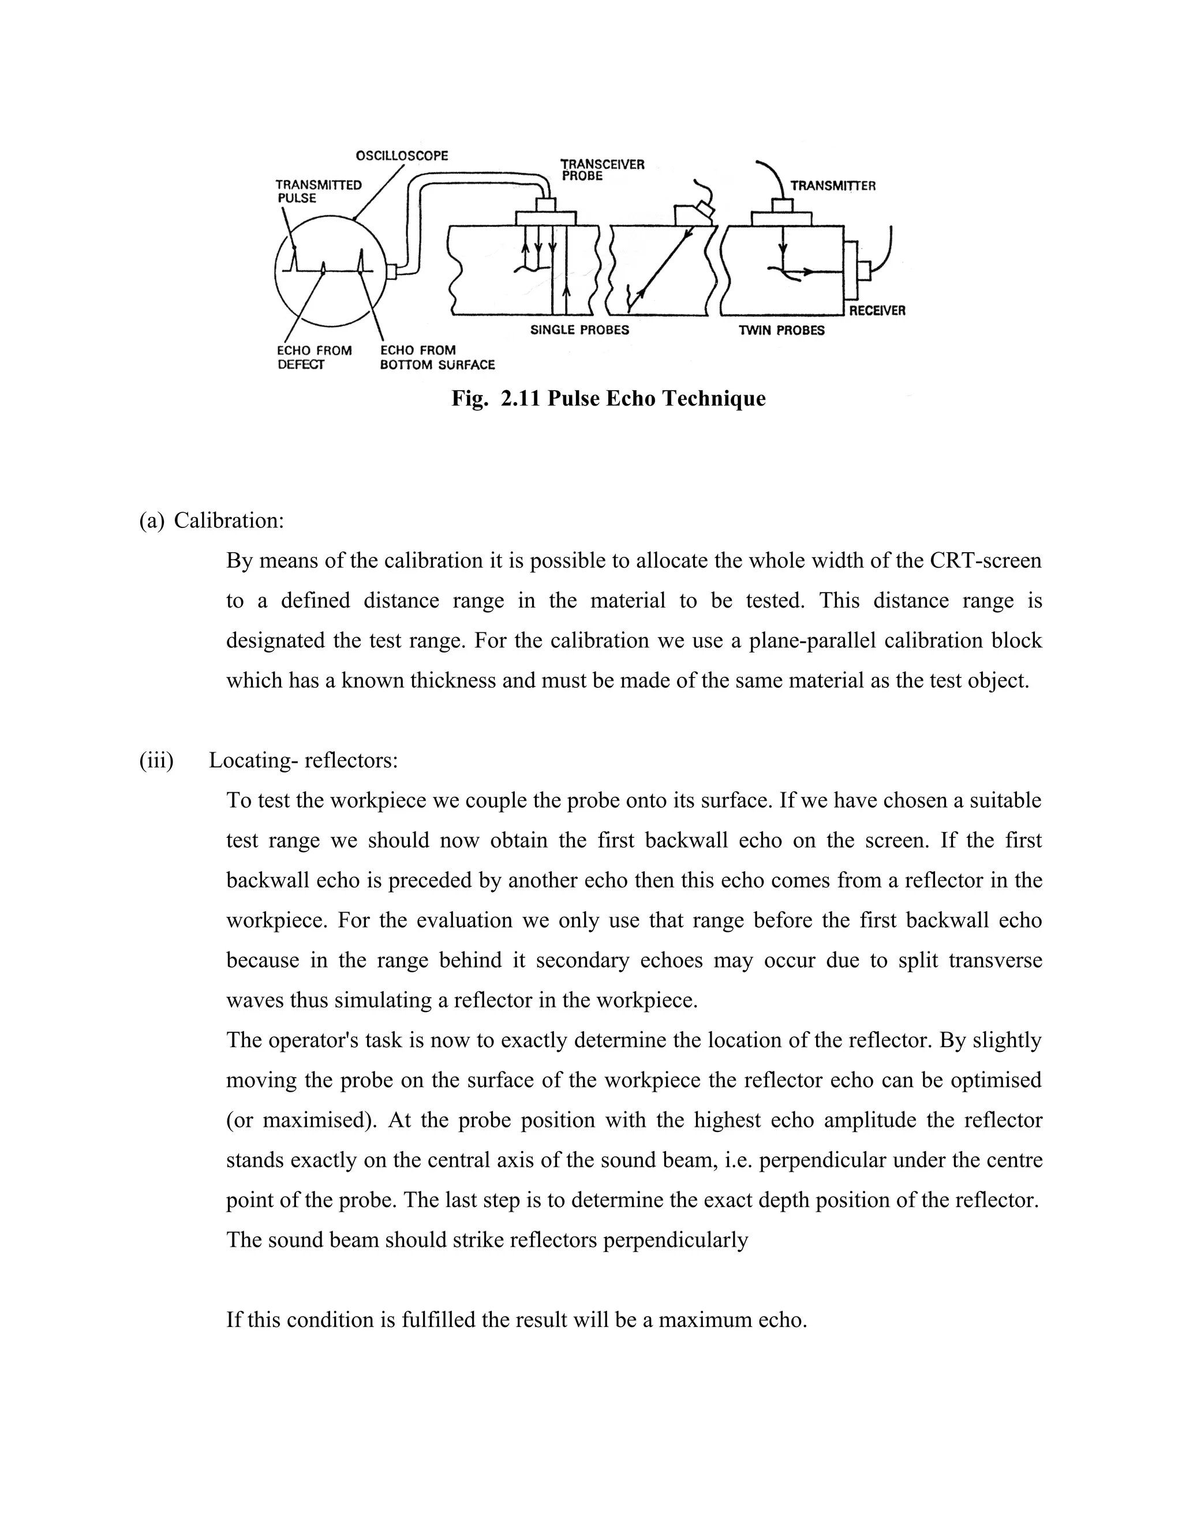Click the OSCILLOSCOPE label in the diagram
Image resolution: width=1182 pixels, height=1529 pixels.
tap(401, 155)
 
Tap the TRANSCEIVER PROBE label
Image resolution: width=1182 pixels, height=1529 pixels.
tap(601, 170)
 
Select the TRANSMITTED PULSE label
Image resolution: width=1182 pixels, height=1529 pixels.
tap(318, 191)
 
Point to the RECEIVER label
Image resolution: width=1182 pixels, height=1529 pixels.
tap(877, 311)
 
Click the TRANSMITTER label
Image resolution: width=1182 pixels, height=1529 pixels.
tap(833, 186)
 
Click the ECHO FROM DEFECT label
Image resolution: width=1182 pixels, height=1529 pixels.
tap(315, 357)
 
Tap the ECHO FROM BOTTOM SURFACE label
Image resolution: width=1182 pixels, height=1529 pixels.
tap(437, 357)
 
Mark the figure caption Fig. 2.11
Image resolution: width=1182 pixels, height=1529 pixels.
tap(608, 398)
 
